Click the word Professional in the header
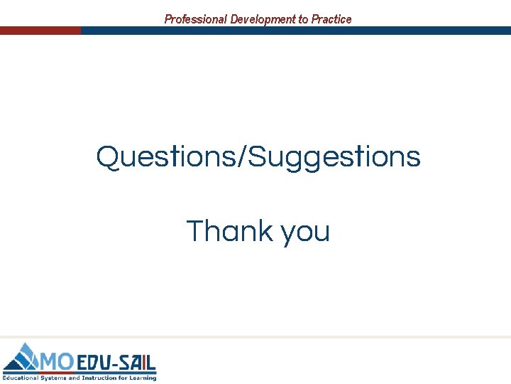point(196,19)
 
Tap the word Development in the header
point(262,19)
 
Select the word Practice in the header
point(331,19)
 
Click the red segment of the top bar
point(40,31)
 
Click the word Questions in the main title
point(167,156)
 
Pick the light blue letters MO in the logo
point(57,362)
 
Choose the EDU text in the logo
point(94,363)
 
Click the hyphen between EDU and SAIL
point(116,363)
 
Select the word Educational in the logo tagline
point(21,378)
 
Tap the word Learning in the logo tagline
point(142,378)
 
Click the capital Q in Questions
point(109,156)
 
